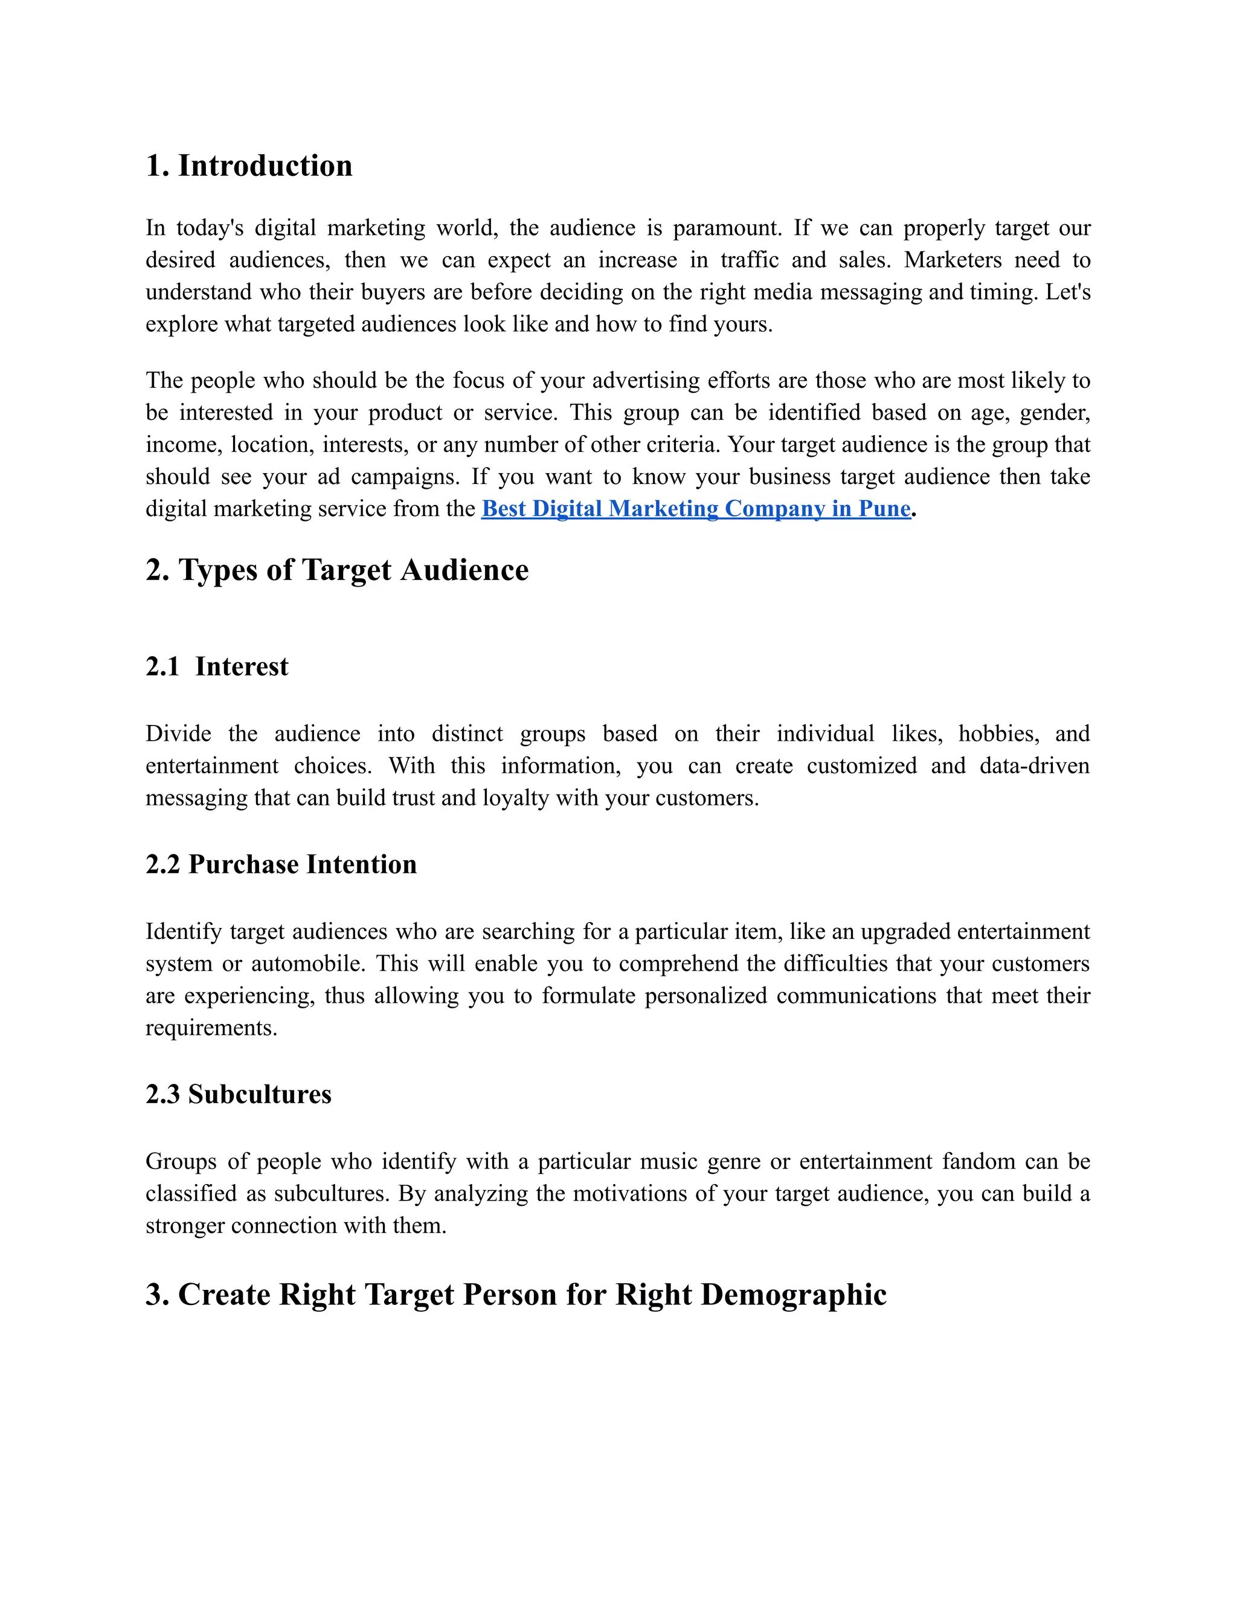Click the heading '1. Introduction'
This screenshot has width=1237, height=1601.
(x=249, y=166)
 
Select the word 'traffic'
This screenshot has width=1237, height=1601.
(x=749, y=260)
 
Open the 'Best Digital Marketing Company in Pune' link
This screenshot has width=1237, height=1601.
(x=695, y=509)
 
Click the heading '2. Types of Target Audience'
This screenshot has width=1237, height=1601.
(x=337, y=570)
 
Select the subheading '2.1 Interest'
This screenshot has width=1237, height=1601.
(x=217, y=666)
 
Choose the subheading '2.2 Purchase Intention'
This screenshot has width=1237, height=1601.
(x=281, y=865)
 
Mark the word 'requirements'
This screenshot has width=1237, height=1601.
(x=210, y=1028)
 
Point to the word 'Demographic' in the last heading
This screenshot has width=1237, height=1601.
(x=794, y=1295)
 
